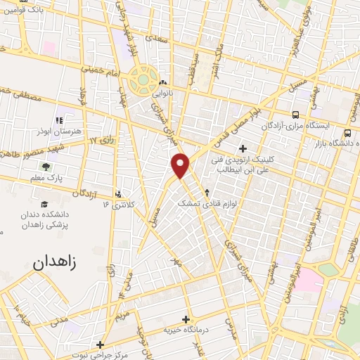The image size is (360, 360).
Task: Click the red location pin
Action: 181,165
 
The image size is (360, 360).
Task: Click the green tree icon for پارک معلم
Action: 46,167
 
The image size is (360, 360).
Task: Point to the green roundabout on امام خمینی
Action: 144,79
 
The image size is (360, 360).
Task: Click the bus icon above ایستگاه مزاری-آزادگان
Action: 295,115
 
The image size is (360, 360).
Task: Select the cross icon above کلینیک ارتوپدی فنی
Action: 243,148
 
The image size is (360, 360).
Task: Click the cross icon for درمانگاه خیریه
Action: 186,318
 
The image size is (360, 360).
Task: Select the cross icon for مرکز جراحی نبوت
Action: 101,345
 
